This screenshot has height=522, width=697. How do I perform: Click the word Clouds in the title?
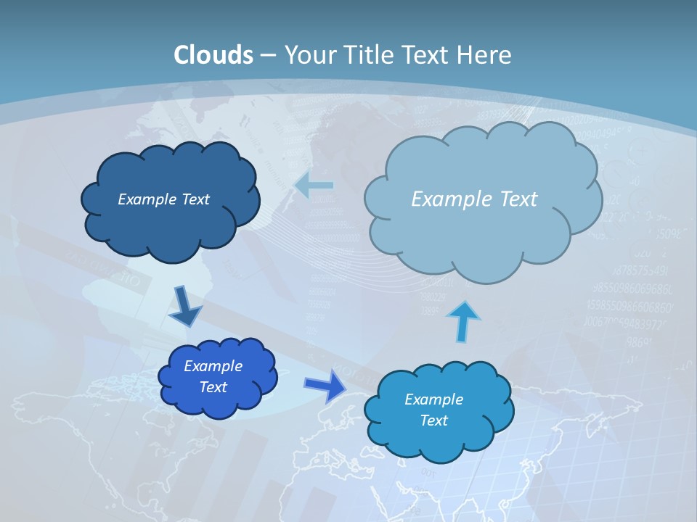point(213,55)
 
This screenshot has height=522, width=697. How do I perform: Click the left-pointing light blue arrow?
point(314,186)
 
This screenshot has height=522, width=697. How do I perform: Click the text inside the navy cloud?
point(163,199)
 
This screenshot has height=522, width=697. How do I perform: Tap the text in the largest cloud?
point(474,199)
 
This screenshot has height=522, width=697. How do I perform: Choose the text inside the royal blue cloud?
point(213,376)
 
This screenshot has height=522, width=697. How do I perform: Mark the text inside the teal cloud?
point(433,410)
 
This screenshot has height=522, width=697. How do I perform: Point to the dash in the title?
point(267,55)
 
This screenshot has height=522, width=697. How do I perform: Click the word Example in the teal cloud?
point(433,399)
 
